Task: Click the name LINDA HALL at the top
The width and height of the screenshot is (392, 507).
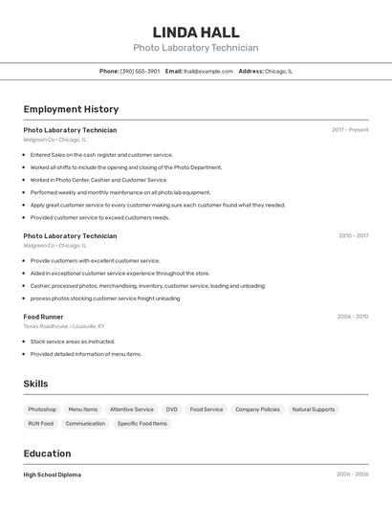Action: [195, 33]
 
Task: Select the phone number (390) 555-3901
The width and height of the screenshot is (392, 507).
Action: [140, 71]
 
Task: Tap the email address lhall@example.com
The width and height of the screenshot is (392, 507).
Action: [208, 71]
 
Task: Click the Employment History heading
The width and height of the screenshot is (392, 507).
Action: [71, 109]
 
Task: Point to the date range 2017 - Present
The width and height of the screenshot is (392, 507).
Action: [350, 130]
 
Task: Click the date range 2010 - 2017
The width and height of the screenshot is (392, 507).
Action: [353, 235]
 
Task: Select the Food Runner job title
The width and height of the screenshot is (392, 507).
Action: [43, 317]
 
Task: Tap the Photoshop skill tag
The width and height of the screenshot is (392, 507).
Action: [42, 409]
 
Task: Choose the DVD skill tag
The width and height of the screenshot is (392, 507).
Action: [172, 409]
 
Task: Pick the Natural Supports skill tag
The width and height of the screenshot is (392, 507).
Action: [314, 409]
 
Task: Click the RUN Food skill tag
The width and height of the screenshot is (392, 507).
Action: [40, 424]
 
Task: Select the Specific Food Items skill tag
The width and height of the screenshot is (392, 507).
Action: [142, 424]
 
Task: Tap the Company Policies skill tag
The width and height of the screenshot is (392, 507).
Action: [257, 409]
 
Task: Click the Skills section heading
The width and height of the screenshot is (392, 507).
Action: [35, 384]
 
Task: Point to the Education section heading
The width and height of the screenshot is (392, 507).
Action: [47, 453]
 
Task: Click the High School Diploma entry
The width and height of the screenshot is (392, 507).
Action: [52, 474]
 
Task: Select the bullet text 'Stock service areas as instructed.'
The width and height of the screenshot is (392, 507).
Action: [73, 342]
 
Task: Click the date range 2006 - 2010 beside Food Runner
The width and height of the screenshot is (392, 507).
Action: [352, 317]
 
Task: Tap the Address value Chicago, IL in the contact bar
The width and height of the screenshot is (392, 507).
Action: [278, 71]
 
